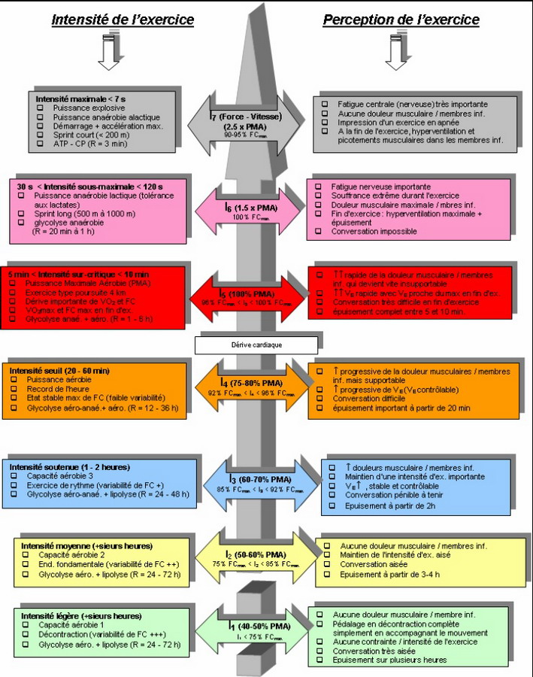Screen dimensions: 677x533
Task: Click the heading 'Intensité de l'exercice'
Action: pyautogui.click(x=123, y=20)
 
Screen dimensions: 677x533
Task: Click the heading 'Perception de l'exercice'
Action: pyautogui.click(x=401, y=20)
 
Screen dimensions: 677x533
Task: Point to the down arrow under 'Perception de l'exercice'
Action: pyautogui.click(x=395, y=54)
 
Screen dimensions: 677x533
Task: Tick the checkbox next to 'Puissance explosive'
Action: pyautogui.click(x=40, y=108)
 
